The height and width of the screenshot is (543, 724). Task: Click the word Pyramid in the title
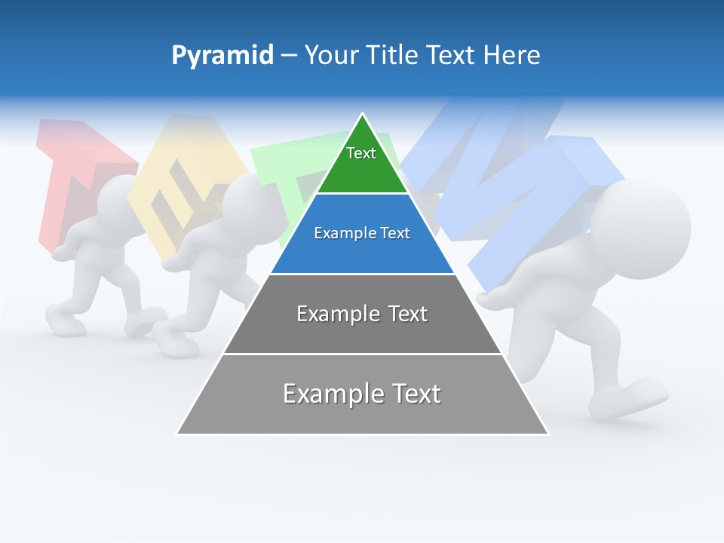tap(222, 56)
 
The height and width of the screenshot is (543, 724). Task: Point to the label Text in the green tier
tap(360, 153)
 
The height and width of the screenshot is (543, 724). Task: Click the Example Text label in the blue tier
tap(362, 233)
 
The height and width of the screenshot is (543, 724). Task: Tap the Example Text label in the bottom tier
tap(362, 394)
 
